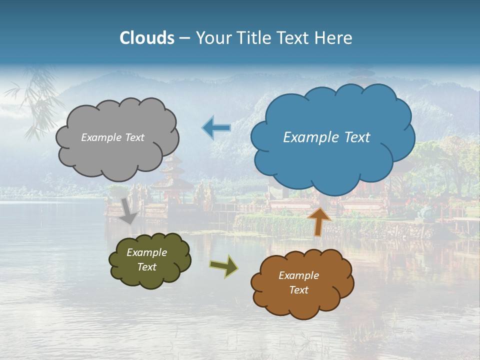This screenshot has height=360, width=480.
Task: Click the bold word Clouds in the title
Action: [x=146, y=38]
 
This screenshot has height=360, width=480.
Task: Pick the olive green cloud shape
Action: [x=150, y=277]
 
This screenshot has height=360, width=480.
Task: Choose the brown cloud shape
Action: [x=302, y=305]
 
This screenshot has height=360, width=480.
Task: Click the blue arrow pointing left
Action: [x=216, y=127]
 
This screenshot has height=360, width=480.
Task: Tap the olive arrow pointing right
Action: [x=223, y=266]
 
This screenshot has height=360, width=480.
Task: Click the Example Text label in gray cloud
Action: [x=112, y=137]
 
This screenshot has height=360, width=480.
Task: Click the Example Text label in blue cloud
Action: [x=326, y=137]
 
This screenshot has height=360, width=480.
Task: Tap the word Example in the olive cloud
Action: [x=146, y=252]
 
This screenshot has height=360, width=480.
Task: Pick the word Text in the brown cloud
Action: [x=298, y=290]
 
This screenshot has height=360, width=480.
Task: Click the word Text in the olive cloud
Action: [x=146, y=267]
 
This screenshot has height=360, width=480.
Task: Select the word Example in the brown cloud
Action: [x=298, y=275]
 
